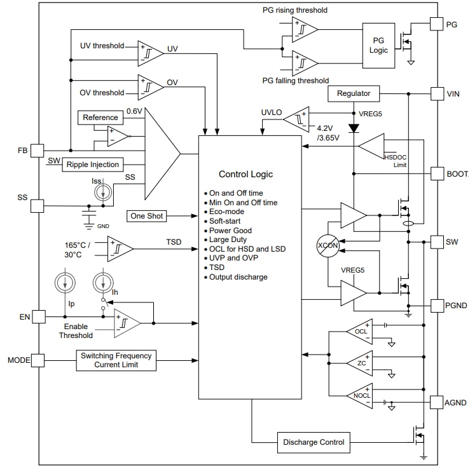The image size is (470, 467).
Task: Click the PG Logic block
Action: pyautogui.click(x=378, y=44)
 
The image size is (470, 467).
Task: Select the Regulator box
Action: pyautogui.click(x=354, y=93)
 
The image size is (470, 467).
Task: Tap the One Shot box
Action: pyautogui.click(x=146, y=216)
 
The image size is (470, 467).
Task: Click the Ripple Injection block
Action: pyautogui.click(x=93, y=165)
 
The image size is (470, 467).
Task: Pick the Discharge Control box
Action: pyautogui.click(x=313, y=442)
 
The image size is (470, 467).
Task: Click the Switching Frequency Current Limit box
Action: pyautogui.click(x=116, y=360)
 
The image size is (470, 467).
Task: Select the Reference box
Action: pyautogui.click(x=100, y=118)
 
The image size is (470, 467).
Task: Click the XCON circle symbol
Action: pyautogui.click(x=328, y=245)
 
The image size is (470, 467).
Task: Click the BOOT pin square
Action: pyautogui.click(x=437, y=173)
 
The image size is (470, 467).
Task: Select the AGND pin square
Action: pyautogui.click(x=437, y=402)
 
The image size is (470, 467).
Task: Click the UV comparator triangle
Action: pyautogui.click(x=150, y=53)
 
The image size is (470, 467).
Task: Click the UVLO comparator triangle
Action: pyautogui.click(x=296, y=118)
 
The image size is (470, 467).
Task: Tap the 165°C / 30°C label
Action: pyautogui.click(x=76, y=248)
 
